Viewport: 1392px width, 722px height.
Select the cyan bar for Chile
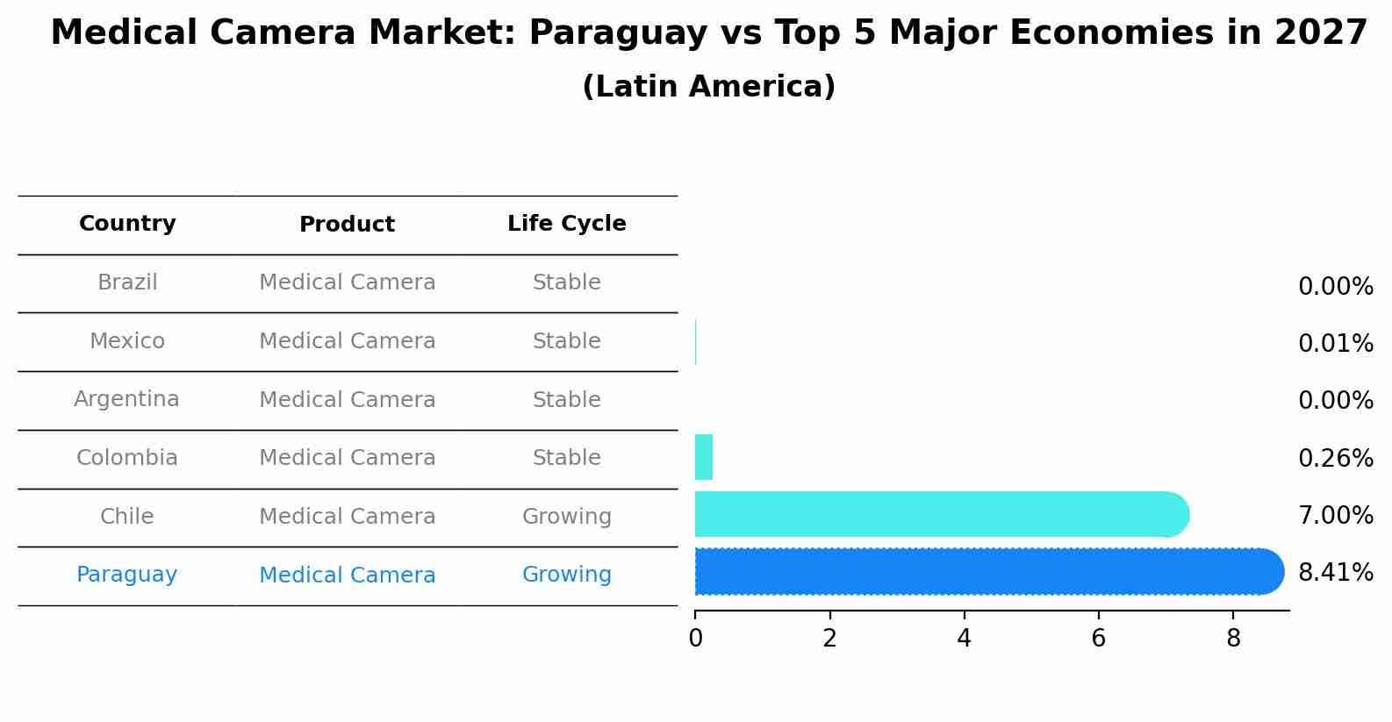tap(939, 514)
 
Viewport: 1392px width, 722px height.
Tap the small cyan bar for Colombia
tap(703, 457)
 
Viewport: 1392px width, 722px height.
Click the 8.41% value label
tap(1335, 573)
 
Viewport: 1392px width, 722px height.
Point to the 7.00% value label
tap(1335, 515)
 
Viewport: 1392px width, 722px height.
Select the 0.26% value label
tap(1335, 458)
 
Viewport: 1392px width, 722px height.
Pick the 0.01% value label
tap(1335, 344)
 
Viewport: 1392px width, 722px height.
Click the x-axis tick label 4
tap(964, 639)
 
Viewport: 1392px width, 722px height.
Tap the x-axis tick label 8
tap(1233, 639)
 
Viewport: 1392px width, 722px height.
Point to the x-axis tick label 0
tap(695, 639)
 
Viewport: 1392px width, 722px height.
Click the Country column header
tap(127, 224)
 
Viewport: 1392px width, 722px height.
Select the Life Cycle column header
tap(566, 224)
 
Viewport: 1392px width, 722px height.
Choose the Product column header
tap(347, 225)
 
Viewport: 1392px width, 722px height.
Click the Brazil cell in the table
tap(127, 282)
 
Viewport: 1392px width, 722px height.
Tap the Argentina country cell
tap(126, 399)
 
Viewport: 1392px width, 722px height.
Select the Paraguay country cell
tap(126, 575)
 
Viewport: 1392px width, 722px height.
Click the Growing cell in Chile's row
tap(566, 517)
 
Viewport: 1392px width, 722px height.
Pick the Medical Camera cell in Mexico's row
tap(347, 341)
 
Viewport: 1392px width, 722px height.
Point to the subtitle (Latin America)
tap(708, 87)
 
